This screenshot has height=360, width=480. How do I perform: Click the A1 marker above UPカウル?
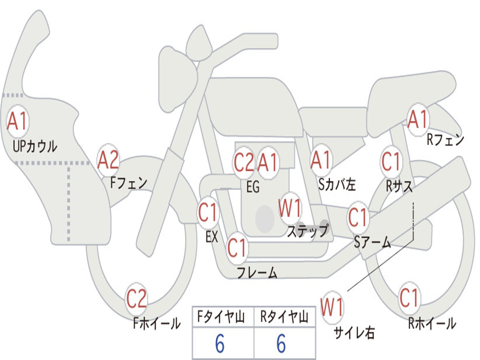pos(18,121)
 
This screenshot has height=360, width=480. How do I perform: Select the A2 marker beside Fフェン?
pos(108,160)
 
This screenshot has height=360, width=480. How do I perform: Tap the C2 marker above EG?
pos(244,162)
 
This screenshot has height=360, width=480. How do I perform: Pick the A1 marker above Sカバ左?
pos(321,160)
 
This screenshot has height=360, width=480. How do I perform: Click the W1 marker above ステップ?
pos(290,208)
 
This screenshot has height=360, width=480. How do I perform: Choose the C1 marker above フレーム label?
pos(237,247)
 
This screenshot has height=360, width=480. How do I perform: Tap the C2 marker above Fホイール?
pos(136,299)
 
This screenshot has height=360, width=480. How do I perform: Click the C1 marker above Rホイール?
pos(409,298)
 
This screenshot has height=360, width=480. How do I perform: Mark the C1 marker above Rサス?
pos(391,161)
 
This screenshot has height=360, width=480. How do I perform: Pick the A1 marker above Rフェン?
pos(418,120)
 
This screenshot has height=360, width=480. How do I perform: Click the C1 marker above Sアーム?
pos(358,217)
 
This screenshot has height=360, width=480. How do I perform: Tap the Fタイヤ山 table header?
pos(221,316)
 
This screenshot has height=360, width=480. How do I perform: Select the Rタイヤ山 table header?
pos(285,316)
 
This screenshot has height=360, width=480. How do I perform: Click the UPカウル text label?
pos(35,146)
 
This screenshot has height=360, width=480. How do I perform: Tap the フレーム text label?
pos(257,272)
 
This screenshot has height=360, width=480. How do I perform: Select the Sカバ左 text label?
pos(337,184)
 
